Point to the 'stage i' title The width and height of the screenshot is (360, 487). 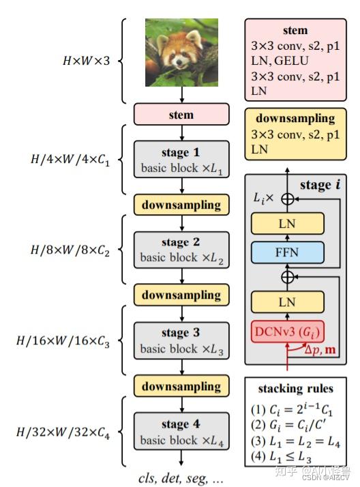pyautogui.click(x=320, y=185)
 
